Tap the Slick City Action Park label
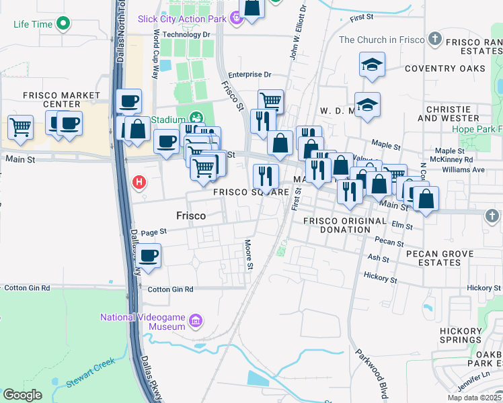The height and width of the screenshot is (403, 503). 182,19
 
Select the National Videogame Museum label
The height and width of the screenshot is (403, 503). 143,322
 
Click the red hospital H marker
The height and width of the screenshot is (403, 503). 139,181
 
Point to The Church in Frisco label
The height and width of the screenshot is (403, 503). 382,40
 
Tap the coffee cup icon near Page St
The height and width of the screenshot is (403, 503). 149,256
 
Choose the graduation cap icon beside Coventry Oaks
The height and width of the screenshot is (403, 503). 372,65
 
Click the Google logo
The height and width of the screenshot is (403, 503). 22,395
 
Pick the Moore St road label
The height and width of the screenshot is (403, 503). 248,255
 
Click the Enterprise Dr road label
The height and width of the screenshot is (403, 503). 249,75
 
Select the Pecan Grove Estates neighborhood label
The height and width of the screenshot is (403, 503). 440,259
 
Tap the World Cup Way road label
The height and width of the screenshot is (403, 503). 155,54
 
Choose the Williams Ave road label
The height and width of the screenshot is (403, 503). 469,170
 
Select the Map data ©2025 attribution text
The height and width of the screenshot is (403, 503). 473,398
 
